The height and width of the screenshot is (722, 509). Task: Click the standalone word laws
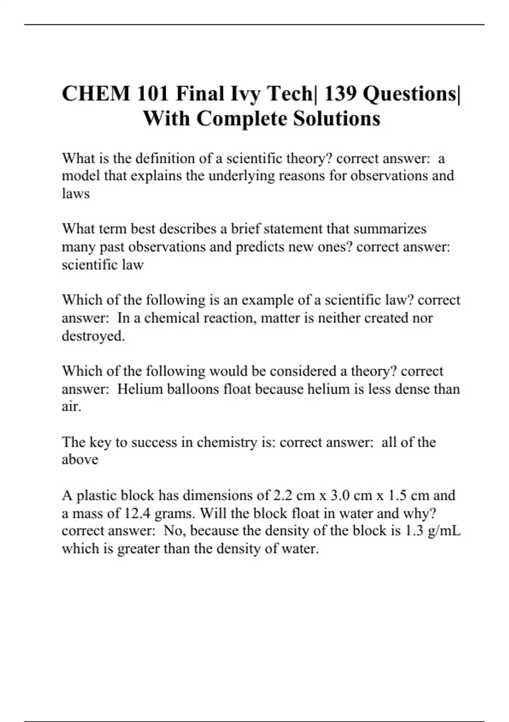pyautogui.click(x=76, y=194)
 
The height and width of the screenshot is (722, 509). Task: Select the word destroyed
pyautogui.click(x=93, y=336)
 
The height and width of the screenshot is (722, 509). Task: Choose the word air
pyautogui.click(x=71, y=407)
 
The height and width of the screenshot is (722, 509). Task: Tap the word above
pyautogui.click(x=80, y=460)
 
